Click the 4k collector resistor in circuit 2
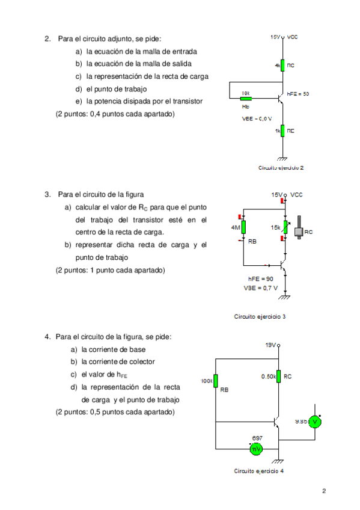[281, 65]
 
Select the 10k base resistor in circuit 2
[245, 98]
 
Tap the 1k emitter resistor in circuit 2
[281, 131]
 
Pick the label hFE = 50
[297, 94]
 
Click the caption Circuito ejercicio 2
[281, 168]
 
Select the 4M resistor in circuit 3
[243, 227]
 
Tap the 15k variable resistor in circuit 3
[285, 227]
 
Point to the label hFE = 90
[260, 279]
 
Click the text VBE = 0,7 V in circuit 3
[260, 288]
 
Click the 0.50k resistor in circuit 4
[279, 376]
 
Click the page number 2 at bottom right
[324, 491]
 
